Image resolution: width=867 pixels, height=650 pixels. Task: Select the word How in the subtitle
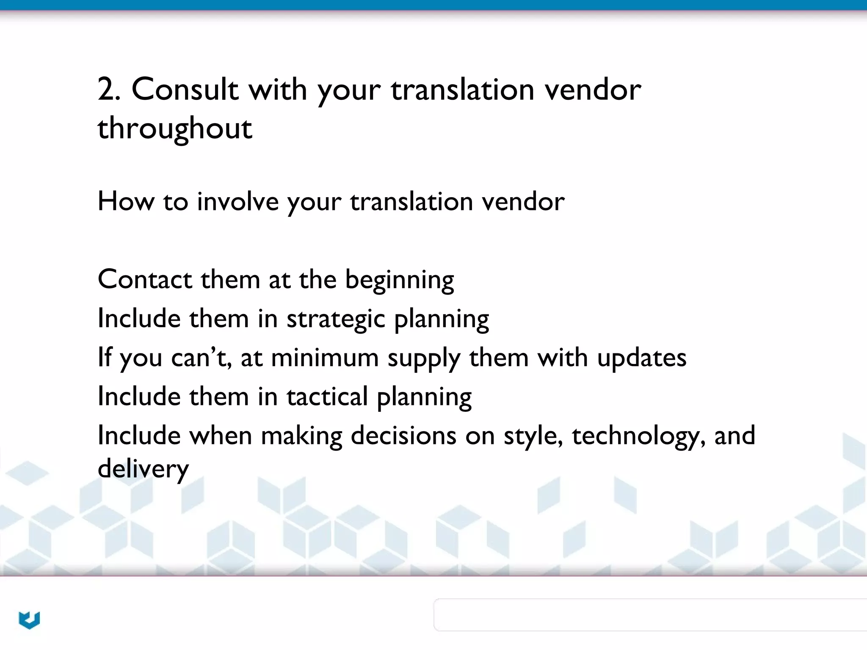tap(126, 201)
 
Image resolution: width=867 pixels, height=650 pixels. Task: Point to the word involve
tap(237, 201)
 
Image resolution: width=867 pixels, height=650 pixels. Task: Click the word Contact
tap(145, 279)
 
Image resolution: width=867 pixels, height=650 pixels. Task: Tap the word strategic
tap(336, 319)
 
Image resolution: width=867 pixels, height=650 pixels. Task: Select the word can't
tap(201, 358)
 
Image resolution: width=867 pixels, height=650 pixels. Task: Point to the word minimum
tap(325, 358)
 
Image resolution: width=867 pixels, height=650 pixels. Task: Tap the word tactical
tap(327, 397)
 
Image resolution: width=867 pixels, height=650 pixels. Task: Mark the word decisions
tap(403, 435)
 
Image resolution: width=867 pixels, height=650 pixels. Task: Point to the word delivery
tap(143, 469)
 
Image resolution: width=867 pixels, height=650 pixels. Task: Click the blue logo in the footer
tap(29, 620)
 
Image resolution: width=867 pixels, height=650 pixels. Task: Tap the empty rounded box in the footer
tap(650, 614)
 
